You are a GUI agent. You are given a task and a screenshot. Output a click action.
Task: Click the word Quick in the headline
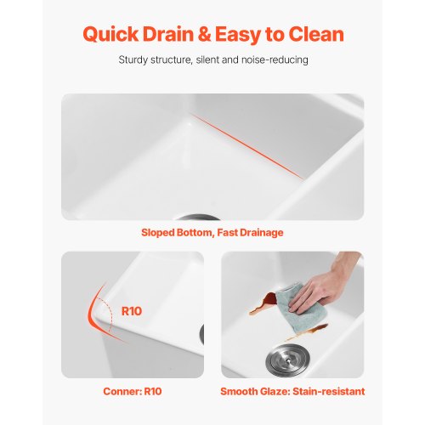click(x=110, y=34)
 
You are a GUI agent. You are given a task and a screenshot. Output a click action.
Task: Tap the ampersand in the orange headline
click(x=204, y=34)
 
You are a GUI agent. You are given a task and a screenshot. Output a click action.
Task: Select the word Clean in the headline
click(x=316, y=34)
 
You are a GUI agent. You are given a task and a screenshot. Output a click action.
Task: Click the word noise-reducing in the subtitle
click(x=275, y=60)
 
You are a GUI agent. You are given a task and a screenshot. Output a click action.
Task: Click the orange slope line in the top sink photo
click(x=247, y=146)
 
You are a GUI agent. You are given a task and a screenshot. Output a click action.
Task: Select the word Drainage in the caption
click(x=261, y=233)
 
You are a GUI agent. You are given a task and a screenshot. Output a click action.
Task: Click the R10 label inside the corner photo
click(x=132, y=311)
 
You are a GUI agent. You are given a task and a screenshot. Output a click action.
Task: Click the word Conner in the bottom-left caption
click(x=122, y=391)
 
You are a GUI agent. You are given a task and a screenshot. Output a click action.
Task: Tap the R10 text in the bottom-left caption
click(x=153, y=391)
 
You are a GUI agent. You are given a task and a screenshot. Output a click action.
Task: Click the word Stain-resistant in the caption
click(x=329, y=391)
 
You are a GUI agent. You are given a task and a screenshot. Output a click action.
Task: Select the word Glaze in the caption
click(x=275, y=391)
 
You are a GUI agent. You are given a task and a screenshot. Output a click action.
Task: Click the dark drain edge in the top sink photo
click(x=197, y=218)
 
